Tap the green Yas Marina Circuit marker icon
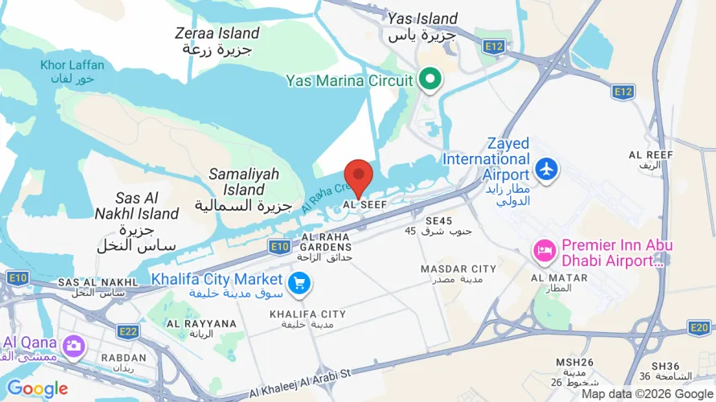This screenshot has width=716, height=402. tap(430, 80)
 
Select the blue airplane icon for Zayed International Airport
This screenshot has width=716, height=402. tap(547, 170)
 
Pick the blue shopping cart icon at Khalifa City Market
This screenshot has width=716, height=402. tap(299, 281)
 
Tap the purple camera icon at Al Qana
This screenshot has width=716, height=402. tap(75, 346)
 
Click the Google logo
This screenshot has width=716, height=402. tap(37, 390)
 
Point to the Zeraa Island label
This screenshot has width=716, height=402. tap(218, 40)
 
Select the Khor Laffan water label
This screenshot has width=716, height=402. tap(68, 72)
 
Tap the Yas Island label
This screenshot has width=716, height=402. tap(422, 27)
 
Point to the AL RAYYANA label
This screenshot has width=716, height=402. tap(201, 328)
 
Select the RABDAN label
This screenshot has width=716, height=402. tap(124, 362)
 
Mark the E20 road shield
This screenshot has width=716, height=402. tap(699, 326)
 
